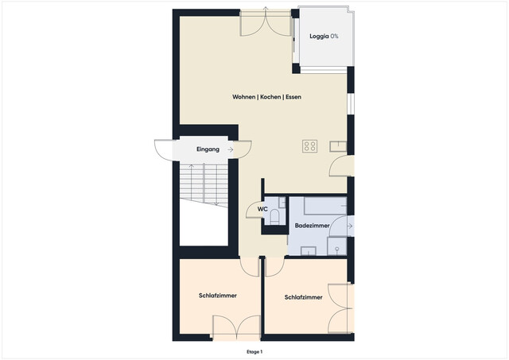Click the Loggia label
click(x=319, y=37)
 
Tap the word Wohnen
click(x=243, y=97)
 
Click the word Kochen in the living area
click(x=269, y=97)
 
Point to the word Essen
click(x=291, y=97)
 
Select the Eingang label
click(x=208, y=149)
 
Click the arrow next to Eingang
click(x=230, y=149)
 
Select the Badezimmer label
click(x=312, y=226)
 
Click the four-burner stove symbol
click(x=309, y=146)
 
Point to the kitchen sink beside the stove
click(x=337, y=145)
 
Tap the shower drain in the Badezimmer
click(x=337, y=248)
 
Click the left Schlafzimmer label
click(x=218, y=296)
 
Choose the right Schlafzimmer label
click(x=304, y=297)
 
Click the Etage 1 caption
click(x=254, y=351)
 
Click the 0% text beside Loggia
click(x=334, y=37)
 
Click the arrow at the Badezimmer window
click(x=350, y=226)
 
